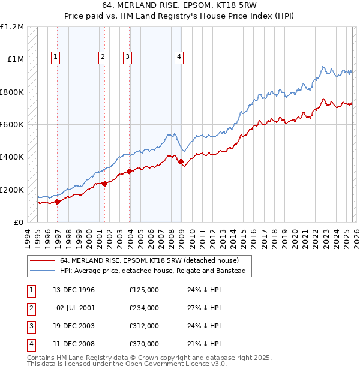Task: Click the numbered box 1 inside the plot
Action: click(55, 57)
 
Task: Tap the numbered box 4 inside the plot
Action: click(179, 57)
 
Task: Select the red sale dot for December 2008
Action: click(181, 161)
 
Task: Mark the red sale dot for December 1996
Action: click(58, 202)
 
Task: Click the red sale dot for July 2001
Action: click(104, 184)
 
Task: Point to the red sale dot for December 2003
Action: click(130, 171)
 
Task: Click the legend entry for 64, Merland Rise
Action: click(149, 260)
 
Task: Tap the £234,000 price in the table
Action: click(144, 308)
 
